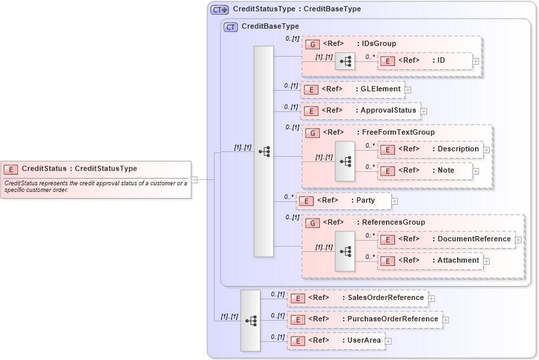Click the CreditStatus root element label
click(79, 169)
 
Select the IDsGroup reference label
click(376, 43)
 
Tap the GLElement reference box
click(352, 89)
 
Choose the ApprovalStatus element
click(360, 111)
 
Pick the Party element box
click(343, 200)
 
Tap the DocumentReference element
click(446, 239)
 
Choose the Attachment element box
click(430, 261)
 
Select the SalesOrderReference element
click(357, 298)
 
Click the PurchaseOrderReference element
click(364, 319)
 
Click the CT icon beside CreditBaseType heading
click(231, 27)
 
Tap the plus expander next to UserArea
click(388, 341)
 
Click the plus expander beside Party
click(394, 201)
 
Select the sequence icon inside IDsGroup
click(345, 61)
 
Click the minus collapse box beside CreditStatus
click(195, 179)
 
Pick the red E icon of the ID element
click(387, 61)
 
